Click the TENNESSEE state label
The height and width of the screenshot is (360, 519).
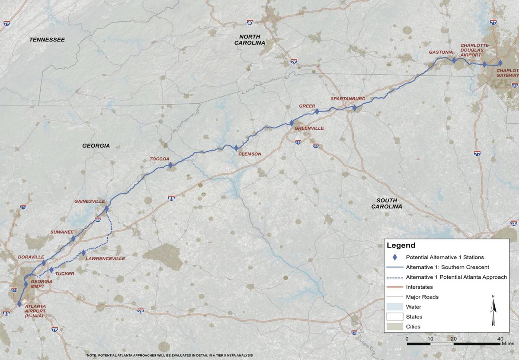tap(47, 40)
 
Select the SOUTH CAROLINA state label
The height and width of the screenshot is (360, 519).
tap(387, 203)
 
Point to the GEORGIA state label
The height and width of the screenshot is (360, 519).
tap(96, 146)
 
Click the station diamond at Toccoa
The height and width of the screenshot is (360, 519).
tap(170, 165)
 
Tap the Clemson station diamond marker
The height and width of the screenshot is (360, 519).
tap(236, 148)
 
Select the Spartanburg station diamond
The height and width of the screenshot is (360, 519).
tap(354, 108)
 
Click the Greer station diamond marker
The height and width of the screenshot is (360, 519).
tap(317, 112)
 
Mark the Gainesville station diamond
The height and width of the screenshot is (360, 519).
tap(106, 209)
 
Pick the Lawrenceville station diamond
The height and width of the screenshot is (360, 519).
tap(83, 253)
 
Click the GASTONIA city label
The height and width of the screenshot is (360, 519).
tap(441, 52)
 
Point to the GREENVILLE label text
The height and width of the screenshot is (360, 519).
tap(309, 128)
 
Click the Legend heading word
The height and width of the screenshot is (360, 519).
tap(401, 245)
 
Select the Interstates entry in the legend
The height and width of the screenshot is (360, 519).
tap(419, 287)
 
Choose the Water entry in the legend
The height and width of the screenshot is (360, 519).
tap(413, 307)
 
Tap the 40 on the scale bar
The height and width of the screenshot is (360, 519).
tap(500, 338)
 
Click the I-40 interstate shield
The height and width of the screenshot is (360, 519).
tap(250, 22)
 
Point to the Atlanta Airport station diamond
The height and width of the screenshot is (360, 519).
tap(19, 304)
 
